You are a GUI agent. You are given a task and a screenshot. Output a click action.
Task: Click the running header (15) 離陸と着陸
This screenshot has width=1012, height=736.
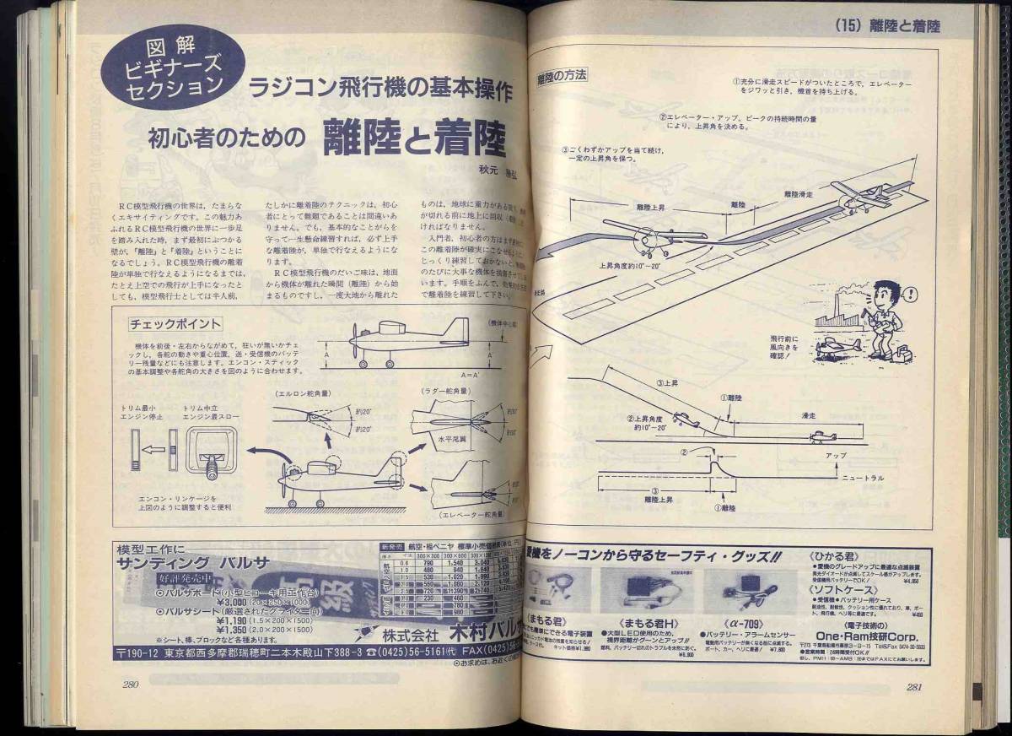tap(885, 25)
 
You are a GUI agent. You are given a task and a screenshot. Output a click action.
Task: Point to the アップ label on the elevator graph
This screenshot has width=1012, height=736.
tap(837, 455)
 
